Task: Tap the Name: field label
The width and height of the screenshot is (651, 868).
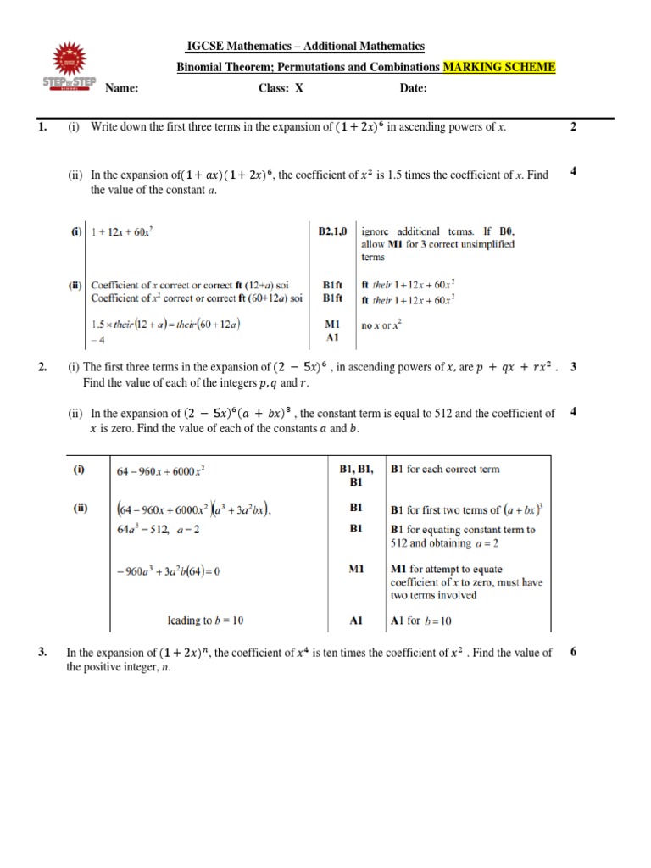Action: [x=121, y=88]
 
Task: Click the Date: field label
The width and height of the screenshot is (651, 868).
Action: [x=413, y=88]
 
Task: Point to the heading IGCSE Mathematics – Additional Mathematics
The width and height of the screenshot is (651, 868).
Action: [x=305, y=46]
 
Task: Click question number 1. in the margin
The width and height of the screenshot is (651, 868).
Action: [x=42, y=127]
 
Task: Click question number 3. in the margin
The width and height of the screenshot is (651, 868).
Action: [x=42, y=653]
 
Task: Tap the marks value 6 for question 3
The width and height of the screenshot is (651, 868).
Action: [x=574, y=652]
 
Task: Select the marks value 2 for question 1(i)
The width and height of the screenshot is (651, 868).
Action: [x=574, y=127]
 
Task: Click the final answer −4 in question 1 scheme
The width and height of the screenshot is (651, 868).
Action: [x=95, y=337]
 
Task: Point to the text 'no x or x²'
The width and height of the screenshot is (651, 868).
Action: [x=381, y=323]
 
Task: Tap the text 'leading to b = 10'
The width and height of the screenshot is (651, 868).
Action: [x=204, y=620]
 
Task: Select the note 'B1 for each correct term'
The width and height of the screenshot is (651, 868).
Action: [x=444, y=469]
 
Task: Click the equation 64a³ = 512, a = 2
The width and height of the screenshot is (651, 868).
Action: [x=156, y=530]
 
